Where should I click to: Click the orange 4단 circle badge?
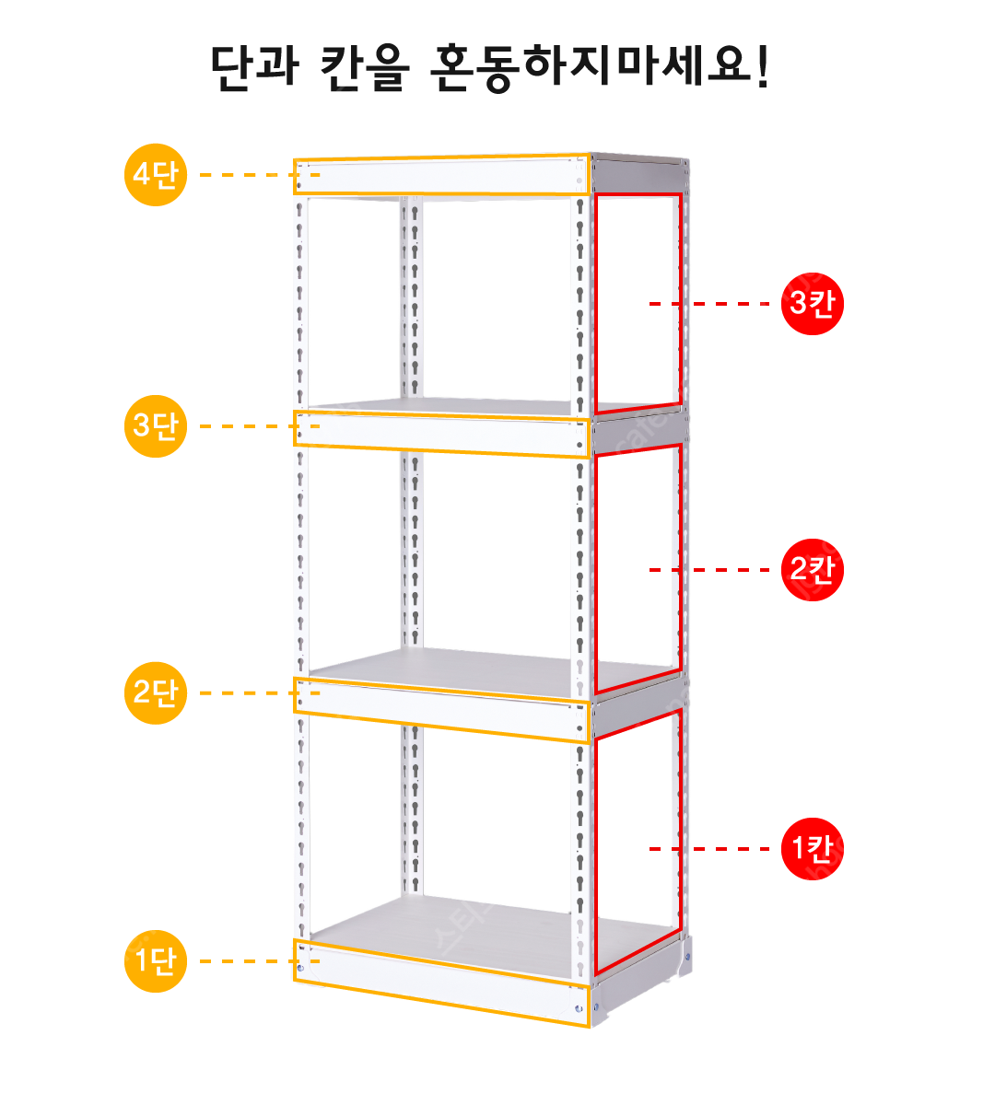point(156,175)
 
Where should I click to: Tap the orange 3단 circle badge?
point(156,425)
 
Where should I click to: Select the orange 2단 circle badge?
point(156,692)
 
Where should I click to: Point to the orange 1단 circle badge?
point(156,960)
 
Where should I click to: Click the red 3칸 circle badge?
point(812,304)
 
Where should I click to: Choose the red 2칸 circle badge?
point(812,570)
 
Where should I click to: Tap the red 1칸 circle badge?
point(812,849)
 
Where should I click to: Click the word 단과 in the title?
point(254,67)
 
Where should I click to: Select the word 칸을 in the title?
point(365,67)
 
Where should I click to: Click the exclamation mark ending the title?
point(763,66)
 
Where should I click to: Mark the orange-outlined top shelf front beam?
point(441,175)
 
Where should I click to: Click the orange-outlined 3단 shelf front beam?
point(441,434)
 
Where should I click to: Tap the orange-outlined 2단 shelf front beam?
point(441,710)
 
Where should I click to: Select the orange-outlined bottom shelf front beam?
point(441,983)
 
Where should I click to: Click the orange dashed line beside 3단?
point(260,426)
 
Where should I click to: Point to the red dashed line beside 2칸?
point(709,570)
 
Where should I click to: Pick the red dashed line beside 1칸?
point(709,849)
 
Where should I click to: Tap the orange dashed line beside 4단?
point(260,175)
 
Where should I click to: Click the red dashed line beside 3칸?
point(709,304)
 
